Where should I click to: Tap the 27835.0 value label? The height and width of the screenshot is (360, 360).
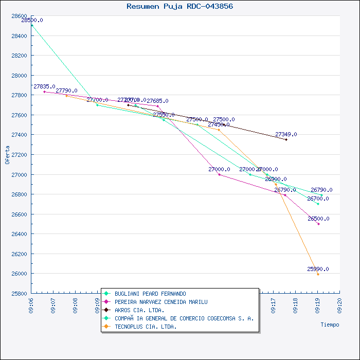point(44,86)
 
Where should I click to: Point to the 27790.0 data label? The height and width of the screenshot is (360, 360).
point(66,91)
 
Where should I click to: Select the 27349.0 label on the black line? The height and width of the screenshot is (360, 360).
point(286,134)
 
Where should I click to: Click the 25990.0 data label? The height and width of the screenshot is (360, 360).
point(318,269)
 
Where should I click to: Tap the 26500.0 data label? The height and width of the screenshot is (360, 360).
point(318,219)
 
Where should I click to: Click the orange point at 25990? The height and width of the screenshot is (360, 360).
point(318,274)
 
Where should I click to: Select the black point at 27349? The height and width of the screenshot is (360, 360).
point(286,139)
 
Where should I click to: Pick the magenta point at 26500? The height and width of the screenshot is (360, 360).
point(318,224)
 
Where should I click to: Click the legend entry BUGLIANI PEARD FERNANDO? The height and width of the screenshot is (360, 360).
point(150,294)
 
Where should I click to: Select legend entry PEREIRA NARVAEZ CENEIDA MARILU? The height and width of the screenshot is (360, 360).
point(161,302)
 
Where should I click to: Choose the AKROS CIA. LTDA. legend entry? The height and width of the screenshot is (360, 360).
point(139,310)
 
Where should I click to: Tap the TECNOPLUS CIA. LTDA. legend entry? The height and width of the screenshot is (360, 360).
point(146,327)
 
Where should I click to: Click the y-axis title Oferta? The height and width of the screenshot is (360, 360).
point(7,154)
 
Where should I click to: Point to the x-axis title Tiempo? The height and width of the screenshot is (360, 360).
point(330,325)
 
